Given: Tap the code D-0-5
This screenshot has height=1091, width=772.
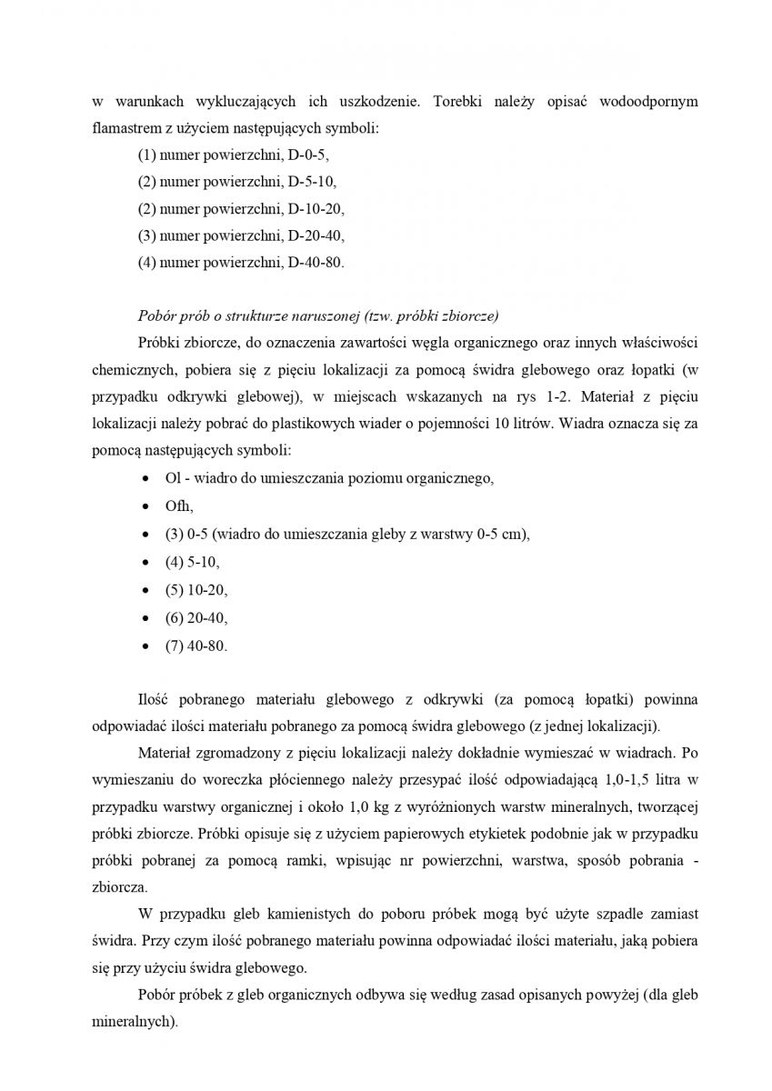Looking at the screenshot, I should click(308, 155).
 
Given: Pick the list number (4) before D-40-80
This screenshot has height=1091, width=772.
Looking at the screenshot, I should click(146, 261).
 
